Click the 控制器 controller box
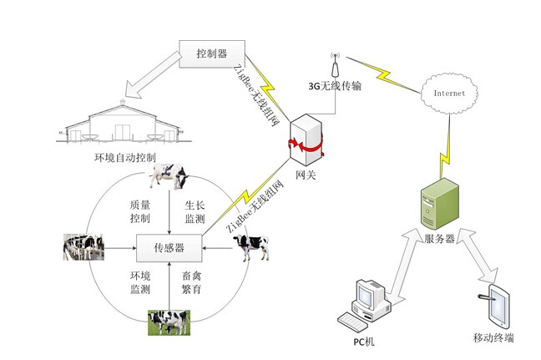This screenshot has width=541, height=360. point(212,55)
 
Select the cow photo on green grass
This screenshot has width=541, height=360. point(169,322)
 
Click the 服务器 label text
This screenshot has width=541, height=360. point(439,240)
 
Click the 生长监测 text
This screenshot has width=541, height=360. point(195,212)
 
